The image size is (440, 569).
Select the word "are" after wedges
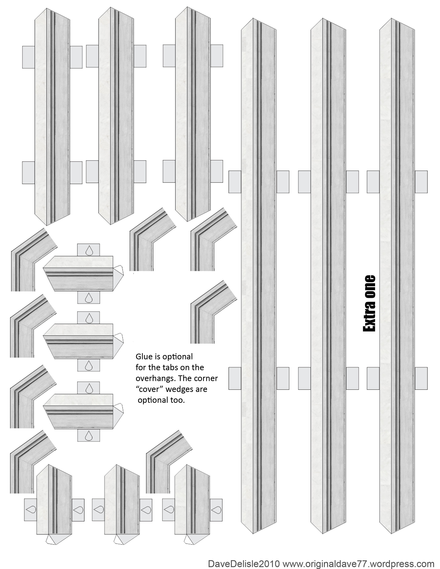click(202, 390)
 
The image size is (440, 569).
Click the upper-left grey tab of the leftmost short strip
click(28, 57)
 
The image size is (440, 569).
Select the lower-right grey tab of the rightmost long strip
click(421, 378)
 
